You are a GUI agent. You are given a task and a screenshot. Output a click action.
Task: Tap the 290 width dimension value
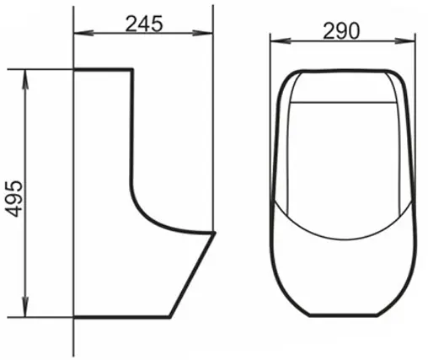tap(340, 31)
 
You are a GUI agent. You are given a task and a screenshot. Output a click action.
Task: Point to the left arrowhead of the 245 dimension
tap(79, 35)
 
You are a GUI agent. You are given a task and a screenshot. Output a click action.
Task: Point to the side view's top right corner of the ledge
tap(132, 69)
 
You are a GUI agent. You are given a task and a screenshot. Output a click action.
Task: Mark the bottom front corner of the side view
tap(171, 316)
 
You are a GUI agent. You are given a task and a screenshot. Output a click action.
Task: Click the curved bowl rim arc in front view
tap(341, 234)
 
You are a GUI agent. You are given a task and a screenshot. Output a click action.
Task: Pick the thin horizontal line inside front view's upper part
tap(341, 103)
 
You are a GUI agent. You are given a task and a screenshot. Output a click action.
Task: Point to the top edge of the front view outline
tap(341, 68)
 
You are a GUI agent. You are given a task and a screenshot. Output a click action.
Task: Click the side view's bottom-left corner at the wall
tap(75, 316)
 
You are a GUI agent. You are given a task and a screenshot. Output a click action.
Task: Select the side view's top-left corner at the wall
tap(75, 69)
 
